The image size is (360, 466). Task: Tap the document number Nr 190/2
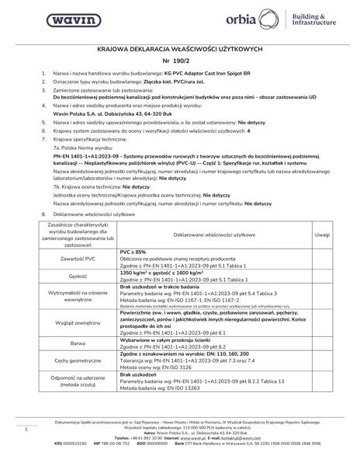(180, 59)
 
